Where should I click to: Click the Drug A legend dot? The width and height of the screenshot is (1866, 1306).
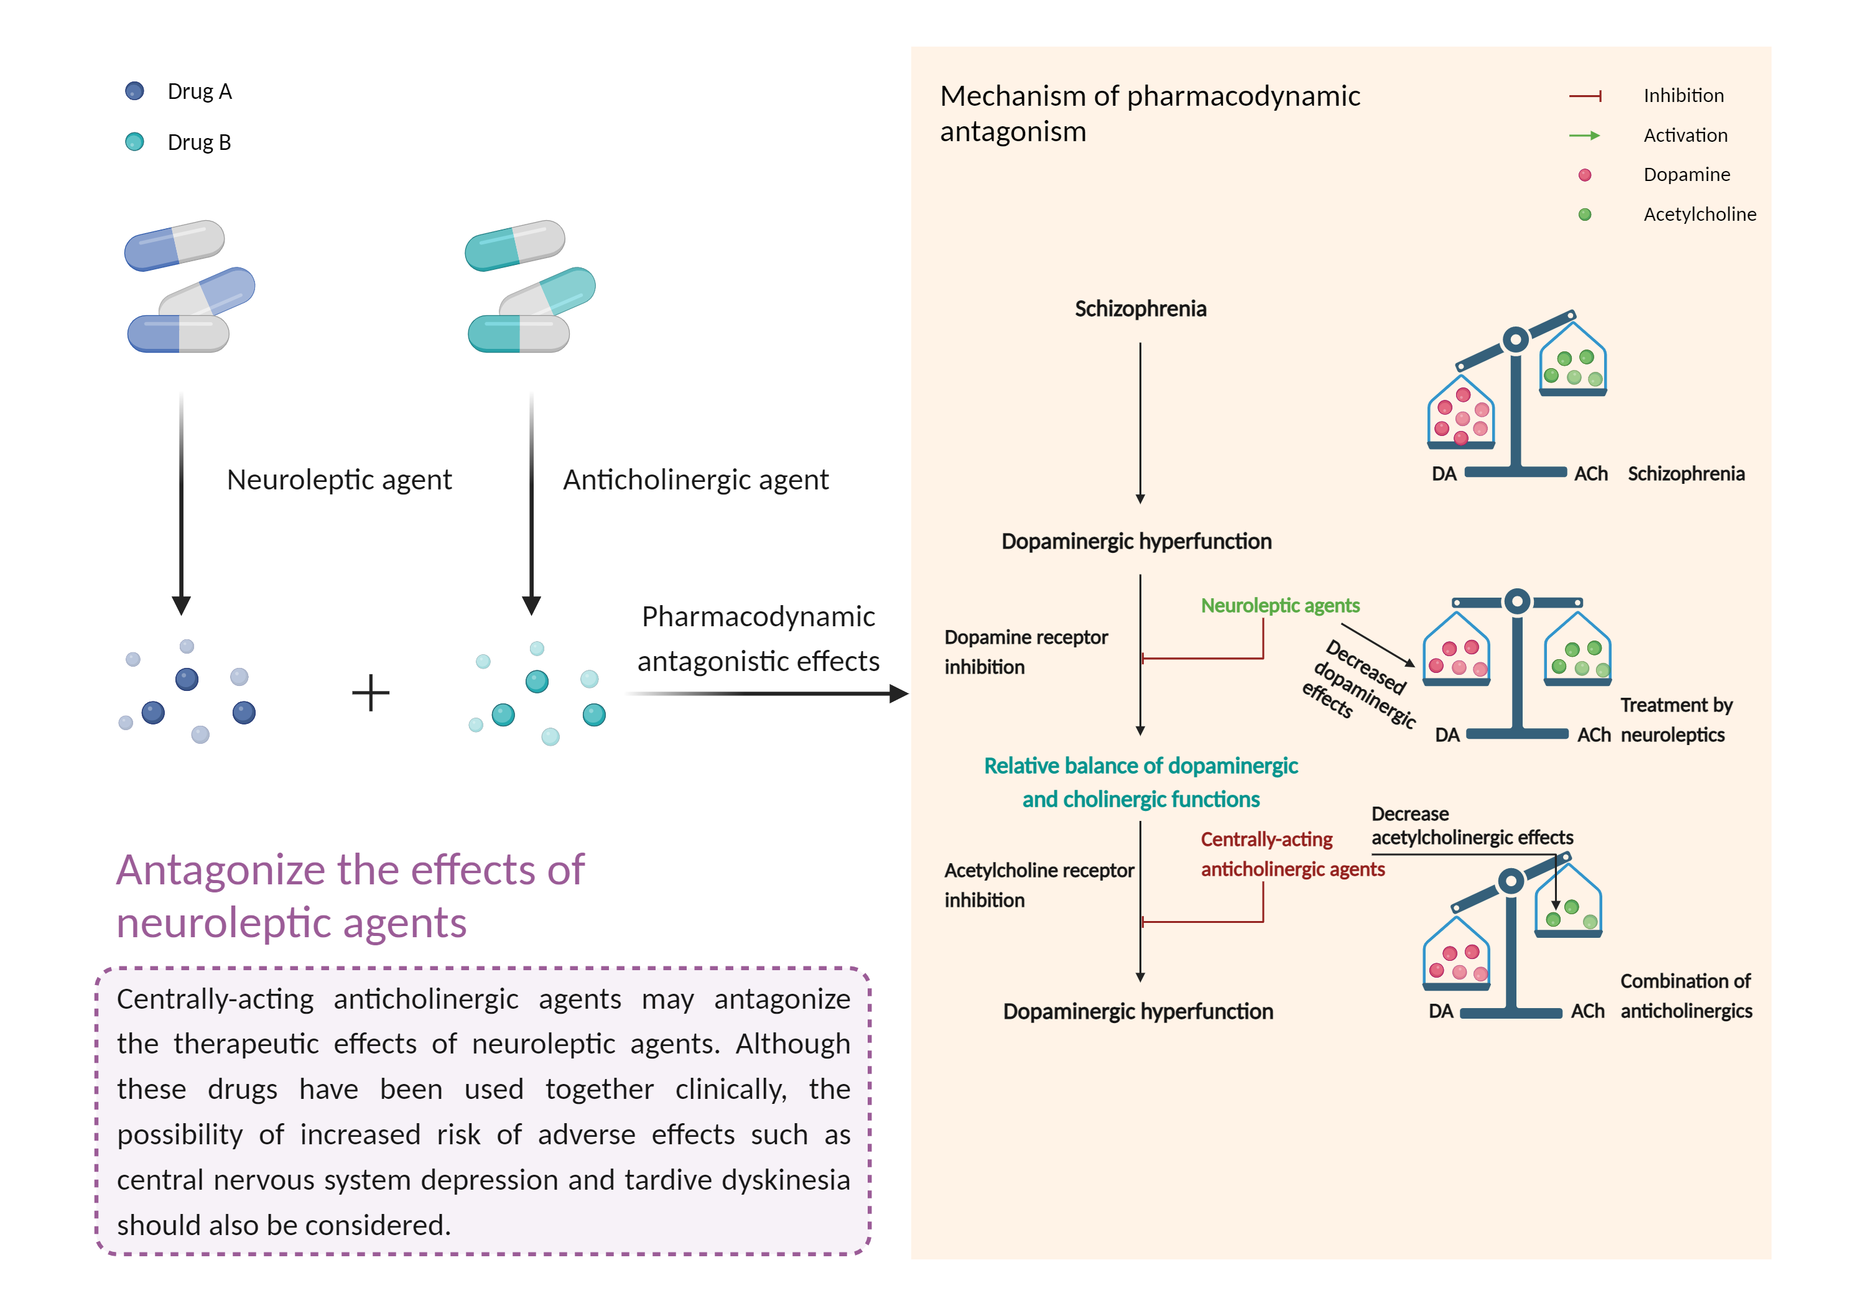(x=134, y=91)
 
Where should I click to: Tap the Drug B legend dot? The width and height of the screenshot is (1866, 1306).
(x=134, y=142)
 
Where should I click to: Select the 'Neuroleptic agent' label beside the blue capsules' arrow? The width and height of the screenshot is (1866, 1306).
(x=339, y=479)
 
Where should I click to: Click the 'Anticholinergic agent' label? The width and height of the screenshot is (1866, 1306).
(x=695, y=479)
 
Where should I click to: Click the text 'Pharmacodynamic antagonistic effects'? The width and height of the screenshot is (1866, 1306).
(x=758, y=639)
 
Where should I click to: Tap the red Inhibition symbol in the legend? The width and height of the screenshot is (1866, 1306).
(x=1585, y=96)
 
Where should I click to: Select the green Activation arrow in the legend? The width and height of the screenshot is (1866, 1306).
(x=1585, y=136)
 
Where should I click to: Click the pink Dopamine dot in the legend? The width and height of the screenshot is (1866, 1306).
(x=1585, y=175)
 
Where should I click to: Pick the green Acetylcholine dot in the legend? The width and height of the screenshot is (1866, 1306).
(x=1585, y=215)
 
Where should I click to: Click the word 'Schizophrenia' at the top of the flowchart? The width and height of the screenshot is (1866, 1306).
(x=1140, y=309)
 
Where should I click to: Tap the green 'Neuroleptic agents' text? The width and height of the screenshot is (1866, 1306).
(x=1280, y=606)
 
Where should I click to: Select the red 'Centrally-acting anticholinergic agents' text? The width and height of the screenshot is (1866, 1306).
(x=1293, y=854)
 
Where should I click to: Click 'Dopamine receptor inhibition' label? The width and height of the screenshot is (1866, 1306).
(x=1026, y=652)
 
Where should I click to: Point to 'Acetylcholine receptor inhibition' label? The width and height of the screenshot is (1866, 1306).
(x=1039, y=885)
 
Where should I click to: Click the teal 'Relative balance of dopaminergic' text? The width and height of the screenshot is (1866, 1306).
(x=1140, y=766)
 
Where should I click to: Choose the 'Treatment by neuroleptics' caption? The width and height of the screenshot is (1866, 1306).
(x=1676, y=720)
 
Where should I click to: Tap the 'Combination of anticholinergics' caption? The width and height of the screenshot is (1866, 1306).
(x=1686, y=996)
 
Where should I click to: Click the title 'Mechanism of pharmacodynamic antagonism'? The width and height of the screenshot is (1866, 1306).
(x=1149, y=113)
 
